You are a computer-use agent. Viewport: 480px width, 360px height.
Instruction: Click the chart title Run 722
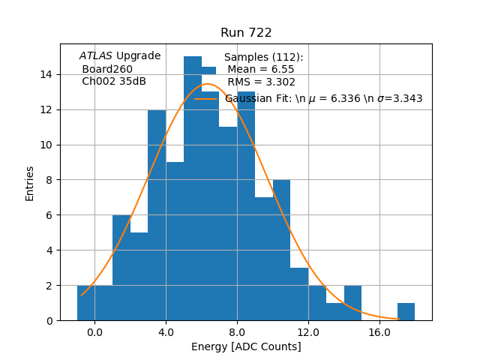246,33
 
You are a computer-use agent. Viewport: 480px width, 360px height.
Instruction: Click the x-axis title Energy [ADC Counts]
246,346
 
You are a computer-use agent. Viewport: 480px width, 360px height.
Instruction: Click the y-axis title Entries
30,182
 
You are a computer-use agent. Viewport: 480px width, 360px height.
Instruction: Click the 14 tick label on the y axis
46,74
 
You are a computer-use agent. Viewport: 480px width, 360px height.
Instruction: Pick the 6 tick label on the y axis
49,215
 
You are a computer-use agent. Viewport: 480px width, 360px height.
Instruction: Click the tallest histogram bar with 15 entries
193,187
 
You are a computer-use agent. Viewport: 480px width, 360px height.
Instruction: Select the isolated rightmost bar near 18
406,312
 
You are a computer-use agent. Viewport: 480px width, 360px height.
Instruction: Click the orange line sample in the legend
206,98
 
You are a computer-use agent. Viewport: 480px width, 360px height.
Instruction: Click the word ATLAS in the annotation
96,56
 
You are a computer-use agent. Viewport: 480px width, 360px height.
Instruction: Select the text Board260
107,69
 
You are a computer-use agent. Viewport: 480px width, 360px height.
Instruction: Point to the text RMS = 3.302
261,82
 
